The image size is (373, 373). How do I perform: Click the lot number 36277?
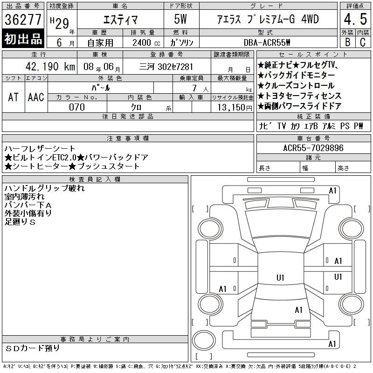23,20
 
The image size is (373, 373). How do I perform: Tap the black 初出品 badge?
23,39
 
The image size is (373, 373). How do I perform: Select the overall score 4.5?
355,19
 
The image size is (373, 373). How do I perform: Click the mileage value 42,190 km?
50,66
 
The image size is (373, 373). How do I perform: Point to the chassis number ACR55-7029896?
313,148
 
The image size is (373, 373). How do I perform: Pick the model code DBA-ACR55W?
267,42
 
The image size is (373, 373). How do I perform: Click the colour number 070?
77,107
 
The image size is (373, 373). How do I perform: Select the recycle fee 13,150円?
235,108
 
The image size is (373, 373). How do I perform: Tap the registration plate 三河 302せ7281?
166,67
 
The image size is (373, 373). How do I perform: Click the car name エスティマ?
120,20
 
